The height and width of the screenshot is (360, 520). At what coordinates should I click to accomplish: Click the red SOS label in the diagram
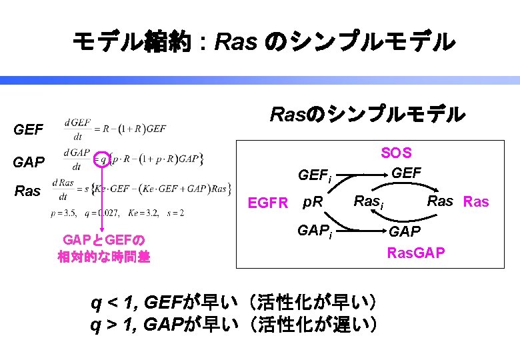coord(396,153)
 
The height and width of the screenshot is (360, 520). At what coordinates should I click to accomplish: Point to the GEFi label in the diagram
coord(315,177)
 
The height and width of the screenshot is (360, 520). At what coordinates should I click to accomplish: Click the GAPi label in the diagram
coord(315,231)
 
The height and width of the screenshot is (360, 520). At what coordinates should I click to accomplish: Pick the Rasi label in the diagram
coord(368,201)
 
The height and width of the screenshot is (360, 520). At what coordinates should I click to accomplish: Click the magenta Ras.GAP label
coord(416,253)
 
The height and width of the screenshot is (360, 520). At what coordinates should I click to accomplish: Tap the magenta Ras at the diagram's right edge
coord(476,201)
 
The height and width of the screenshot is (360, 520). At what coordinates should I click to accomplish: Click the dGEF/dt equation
coord(115,127)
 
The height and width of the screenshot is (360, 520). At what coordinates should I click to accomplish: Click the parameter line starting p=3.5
coord(117,213)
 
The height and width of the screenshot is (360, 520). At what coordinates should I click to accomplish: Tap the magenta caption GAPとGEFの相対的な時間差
coord(104,248)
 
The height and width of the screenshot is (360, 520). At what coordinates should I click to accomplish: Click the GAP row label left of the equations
coord(29,162)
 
